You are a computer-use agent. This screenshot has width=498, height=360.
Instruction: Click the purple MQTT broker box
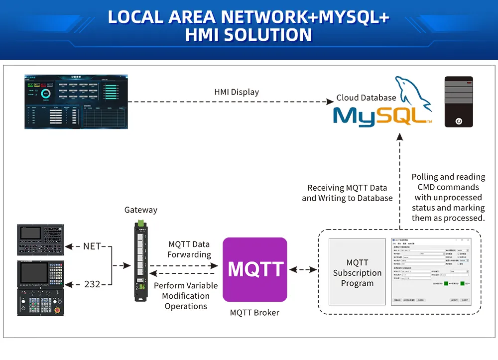pyautogui.click(x=254, y=269)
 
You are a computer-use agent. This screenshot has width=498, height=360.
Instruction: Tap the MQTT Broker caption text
pyautogui.click(x=254, y=313)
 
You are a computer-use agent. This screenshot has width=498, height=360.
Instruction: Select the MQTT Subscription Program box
pyautogui.click(x=357, y=272)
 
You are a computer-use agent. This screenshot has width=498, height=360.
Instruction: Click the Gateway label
pyautogui.click(x=141, y=210)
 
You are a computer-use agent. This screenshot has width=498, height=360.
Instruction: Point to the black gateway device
pyautogui.click(x=141, y=261)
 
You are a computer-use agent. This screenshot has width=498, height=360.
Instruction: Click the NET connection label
pyautogui.click(x=92, y=246)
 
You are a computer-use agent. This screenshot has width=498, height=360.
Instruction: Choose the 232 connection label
pyautogui.click(x=92, y=284)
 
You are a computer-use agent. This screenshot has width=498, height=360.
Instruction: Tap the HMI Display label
pyautogui.click(x=237, y=92)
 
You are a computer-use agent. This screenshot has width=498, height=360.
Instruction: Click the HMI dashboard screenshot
pyautogui.click(x=76, y=102)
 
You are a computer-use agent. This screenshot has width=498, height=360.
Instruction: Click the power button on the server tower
pyautogui.click(x=459, y=121)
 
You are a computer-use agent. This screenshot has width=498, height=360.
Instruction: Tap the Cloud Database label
pyautogui.click(x=366, y=98)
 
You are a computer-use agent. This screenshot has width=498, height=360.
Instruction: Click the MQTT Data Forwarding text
pyautogui.click(x=189, y=249)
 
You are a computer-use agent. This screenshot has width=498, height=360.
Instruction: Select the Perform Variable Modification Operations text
pyautogui.click(x=186, y=296)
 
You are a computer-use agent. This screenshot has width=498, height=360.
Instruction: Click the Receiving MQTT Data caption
pyautogui.click(x=347, y=193)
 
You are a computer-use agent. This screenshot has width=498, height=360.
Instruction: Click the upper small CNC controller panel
pyautogui.click(x=41, y=239)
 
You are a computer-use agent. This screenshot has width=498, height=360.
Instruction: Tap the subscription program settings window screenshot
pyautogui.click(x=431, y=271)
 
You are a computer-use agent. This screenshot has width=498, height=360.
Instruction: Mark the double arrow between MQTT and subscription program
pyautogui.click(x=303, y=269)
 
